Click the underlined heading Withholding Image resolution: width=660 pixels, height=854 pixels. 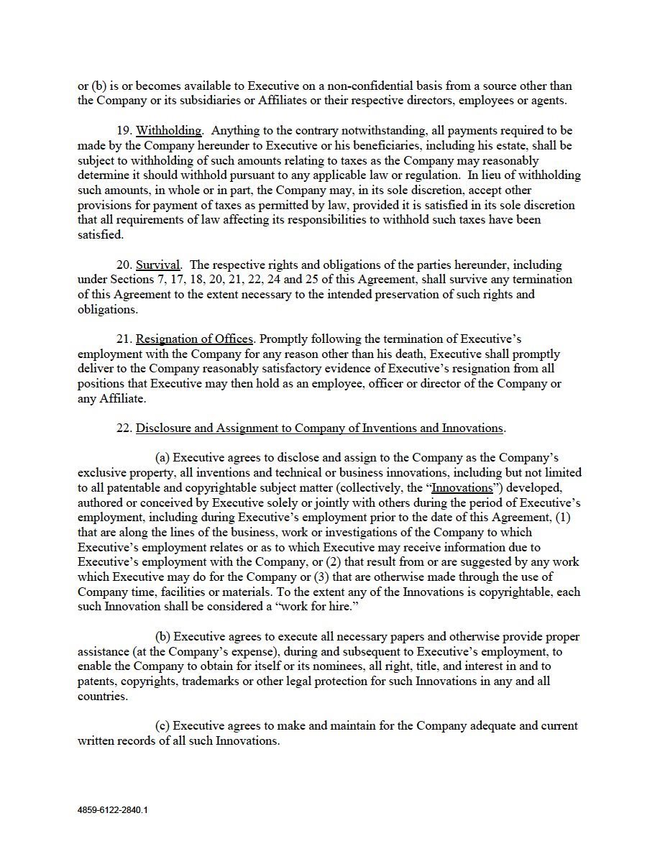pos(169,131)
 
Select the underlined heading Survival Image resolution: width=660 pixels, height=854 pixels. pos(158,265)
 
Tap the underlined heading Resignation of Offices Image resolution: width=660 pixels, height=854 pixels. pos(194,339)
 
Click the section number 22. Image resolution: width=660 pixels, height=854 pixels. pos(124,428)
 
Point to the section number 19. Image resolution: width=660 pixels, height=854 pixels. pos(124,131)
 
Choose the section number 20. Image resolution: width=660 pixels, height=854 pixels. pos(124,265)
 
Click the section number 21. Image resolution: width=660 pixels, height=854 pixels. pos(124,339)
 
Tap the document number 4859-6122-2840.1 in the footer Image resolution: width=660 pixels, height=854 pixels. pos(113,809)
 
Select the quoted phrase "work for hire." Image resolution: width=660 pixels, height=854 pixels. pos(313,607)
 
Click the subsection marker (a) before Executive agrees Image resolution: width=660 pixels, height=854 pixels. pos(163,458)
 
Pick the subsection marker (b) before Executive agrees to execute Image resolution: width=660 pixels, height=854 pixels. pos(163,637)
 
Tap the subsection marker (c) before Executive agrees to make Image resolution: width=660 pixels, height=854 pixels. pos(163,726)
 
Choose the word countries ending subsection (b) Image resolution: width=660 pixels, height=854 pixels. pos(103,697)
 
